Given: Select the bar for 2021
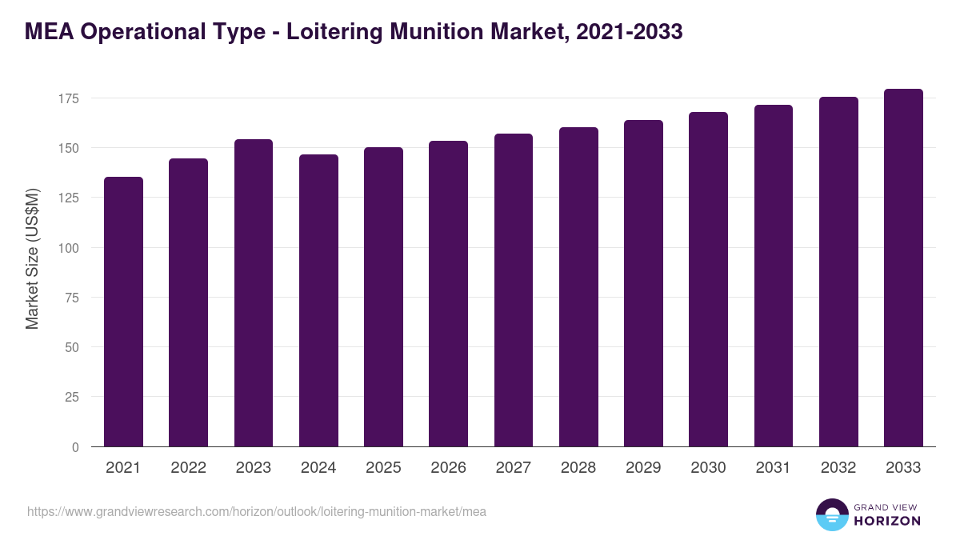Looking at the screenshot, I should pos(123,312).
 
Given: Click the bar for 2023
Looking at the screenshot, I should pos(254,293).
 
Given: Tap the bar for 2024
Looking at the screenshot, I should pos(318,301).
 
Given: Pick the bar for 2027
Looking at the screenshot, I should pos(514,290).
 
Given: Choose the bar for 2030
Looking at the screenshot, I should pos(708,279).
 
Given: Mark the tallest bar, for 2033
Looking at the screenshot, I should pos(903,268).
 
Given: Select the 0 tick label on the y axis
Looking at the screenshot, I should pos(76,447).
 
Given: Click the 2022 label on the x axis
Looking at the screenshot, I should pos(188,468).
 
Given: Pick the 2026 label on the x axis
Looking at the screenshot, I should pos(448,468).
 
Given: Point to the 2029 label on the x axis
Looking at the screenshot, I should pos(643,468).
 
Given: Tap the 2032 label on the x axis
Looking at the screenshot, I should pos(838,468).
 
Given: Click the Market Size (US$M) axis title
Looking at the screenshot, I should pos(32,258).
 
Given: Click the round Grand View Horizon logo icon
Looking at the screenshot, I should pos(831,514).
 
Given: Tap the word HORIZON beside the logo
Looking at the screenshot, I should pos(887,521).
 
